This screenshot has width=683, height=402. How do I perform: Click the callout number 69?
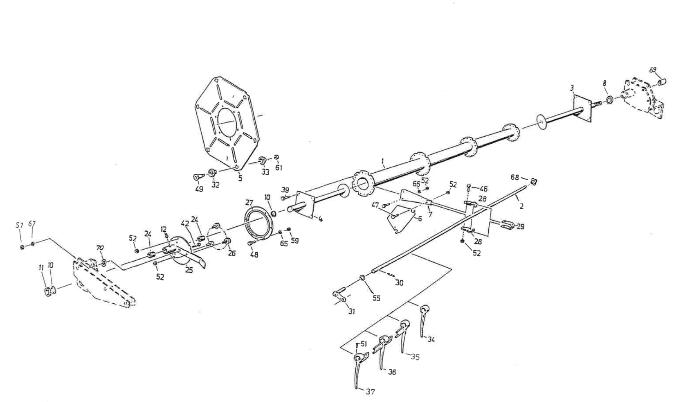[653, 70]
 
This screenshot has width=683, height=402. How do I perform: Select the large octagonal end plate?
[226, 123]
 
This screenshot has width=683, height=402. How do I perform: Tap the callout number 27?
[249, 203]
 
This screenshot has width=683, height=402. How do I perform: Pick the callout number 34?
[431, 339]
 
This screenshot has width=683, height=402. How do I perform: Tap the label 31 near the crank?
[352, 312]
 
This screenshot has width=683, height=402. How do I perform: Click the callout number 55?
[376, 298]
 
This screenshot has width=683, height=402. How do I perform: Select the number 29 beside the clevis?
[520, 226]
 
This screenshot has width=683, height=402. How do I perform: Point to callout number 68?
[514, 177]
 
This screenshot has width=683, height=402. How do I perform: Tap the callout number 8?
[604, 84]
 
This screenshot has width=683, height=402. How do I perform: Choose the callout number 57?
[19, 225]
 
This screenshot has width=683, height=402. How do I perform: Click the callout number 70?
[100, 248]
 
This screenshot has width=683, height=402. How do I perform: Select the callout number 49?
[199, 190]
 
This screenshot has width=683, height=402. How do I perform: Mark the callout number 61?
[279, 167]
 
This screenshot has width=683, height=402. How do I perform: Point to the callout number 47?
[375, 205]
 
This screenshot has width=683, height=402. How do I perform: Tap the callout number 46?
[483, 189]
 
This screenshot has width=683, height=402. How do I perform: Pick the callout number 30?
[399, 282]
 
